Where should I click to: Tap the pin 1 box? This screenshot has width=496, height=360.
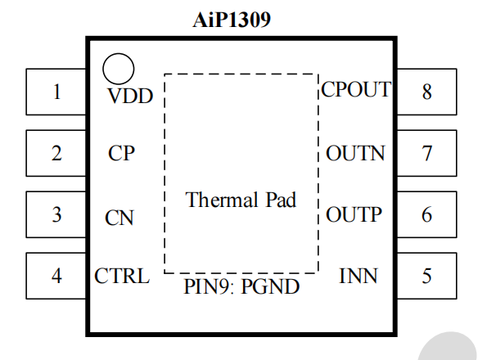[56, 92]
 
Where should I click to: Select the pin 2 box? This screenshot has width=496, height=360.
[56, 153]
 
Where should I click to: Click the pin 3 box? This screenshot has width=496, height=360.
[56, 214]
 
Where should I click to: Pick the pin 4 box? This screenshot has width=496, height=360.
[56, 276]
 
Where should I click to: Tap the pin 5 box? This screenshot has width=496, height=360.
[426, 276]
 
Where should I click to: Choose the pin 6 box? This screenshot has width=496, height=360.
[426, 214]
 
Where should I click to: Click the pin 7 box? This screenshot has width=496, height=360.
[426, 153]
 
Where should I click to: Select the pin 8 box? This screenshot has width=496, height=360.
[426, 92]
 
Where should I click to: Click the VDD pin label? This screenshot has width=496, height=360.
[130, 97]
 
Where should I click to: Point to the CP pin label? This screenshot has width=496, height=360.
[121, 153]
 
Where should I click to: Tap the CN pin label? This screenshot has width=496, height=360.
[119, 218]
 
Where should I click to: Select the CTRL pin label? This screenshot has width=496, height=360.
[122, 276]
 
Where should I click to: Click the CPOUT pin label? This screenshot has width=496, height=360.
[356, 89]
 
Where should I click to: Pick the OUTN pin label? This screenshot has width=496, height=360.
[355, 153]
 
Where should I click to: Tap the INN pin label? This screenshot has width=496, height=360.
[358, 276]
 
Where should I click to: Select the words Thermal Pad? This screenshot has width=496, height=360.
[241, 200]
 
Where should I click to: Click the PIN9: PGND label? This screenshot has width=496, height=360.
[241, 287]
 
